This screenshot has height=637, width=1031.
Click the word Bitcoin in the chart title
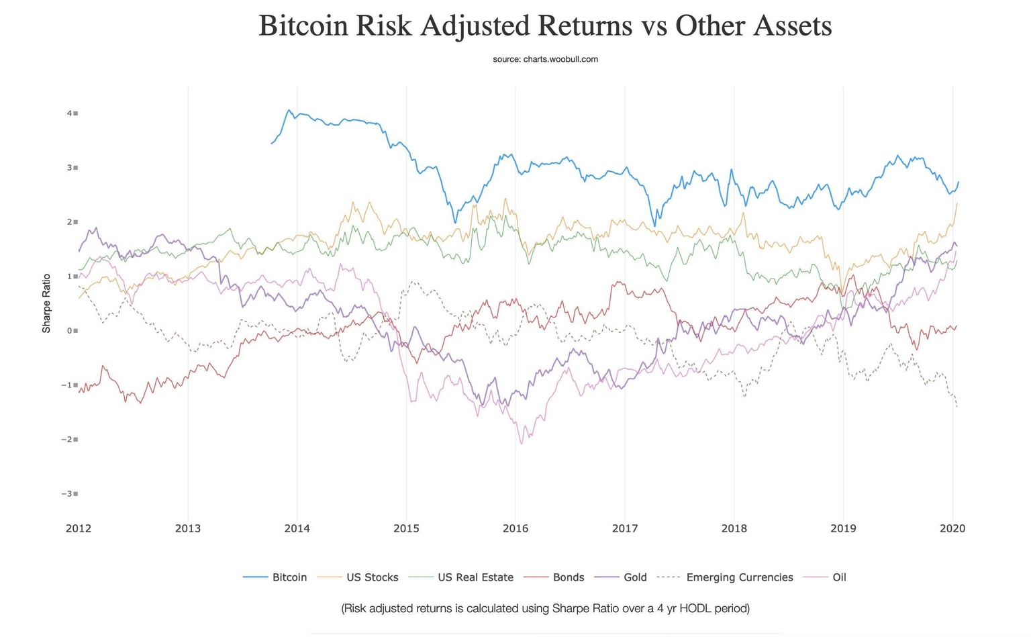pos(303,26)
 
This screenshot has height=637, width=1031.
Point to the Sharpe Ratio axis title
pos(46,303)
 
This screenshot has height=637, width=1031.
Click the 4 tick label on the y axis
pos(69,113)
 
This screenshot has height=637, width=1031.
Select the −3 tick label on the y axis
pos(66,494)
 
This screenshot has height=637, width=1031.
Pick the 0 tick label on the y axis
pos(69,331)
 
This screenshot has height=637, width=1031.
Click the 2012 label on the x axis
pos(79,528)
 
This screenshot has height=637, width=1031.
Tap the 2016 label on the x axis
pos(515,528)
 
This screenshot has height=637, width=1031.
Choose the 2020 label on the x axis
pos(952,528)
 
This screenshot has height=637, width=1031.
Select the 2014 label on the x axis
pos(297,528)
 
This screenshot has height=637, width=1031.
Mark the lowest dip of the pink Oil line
pos(522,444)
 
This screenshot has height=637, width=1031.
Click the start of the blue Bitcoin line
pos(272,143)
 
